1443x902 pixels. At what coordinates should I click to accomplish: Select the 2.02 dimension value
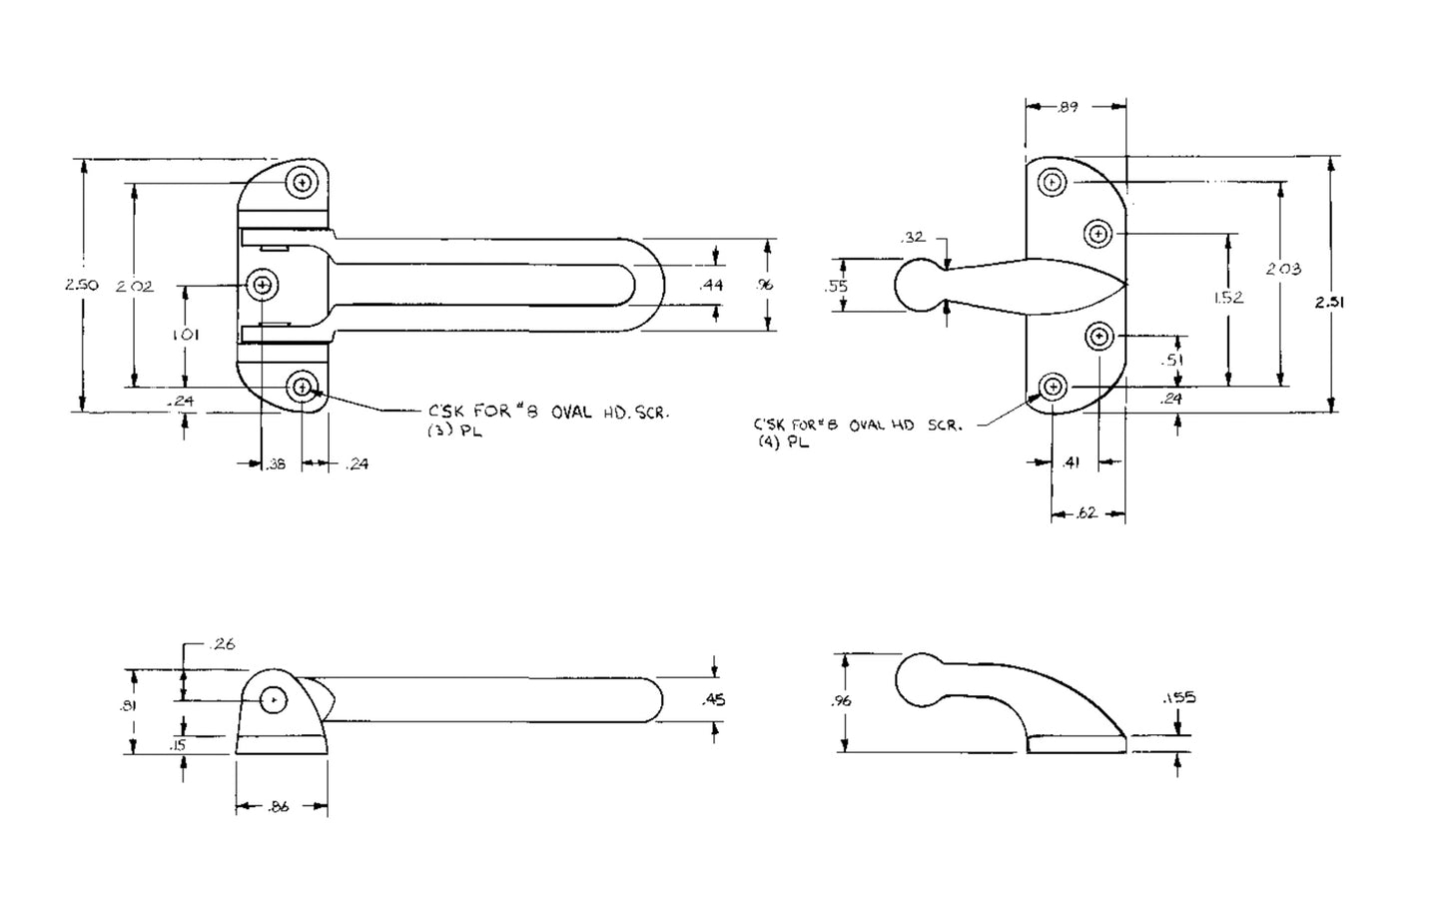pyautogui.click(x=133, y=286)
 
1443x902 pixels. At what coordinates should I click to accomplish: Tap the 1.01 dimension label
pyautogui.click(x=186, y=336)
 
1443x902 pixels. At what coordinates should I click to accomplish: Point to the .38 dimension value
pyautogui.click(x=275, y=463)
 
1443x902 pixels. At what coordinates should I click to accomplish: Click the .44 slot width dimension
pyautogui.click(x=711, y=286)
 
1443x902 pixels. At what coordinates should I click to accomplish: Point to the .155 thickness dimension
pyautogui.click(x=1177, y=698)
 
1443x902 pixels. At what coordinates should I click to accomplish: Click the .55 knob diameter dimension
pyautogui.click(x=837, y=286)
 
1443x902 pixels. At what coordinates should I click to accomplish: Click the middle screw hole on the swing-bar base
pyautogui.click(x=263, y=286)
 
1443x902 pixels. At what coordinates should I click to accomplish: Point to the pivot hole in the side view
pyautogui.click(x=274, y=701)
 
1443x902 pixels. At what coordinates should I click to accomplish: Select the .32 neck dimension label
pyautogui.click(x=912, y=238)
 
